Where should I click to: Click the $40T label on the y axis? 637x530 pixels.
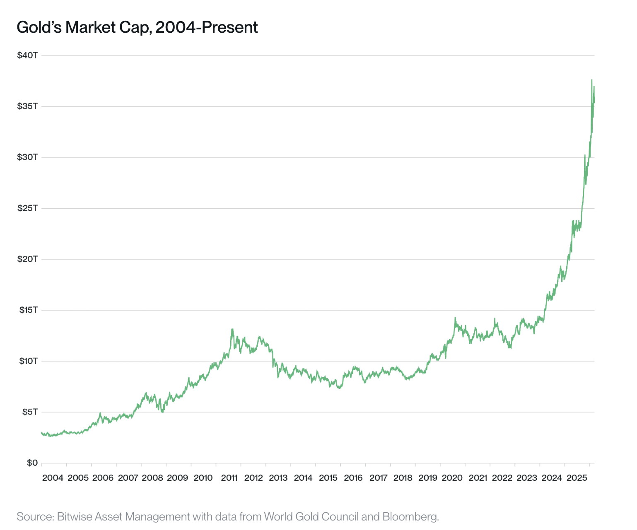tap(27, 55)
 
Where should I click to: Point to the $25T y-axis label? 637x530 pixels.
tap(27, 208)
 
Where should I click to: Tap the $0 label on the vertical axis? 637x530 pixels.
tap(32, 463)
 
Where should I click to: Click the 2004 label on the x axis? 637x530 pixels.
tap(53, 478)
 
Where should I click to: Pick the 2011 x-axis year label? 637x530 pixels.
tap(229, 478)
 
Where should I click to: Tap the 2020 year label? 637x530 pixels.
tap(452, 478)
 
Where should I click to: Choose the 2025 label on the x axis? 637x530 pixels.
tap(577, 478)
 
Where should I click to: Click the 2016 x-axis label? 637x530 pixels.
tap(353, 478)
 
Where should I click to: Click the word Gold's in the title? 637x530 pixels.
tap(39, 27)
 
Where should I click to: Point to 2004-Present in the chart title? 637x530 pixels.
tap(207, 27)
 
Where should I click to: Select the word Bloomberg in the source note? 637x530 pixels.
tap(410, 517)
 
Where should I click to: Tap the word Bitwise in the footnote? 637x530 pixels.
tap(73, 517)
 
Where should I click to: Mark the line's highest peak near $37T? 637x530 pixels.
tap(591, 79)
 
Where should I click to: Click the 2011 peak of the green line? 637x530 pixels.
tap(232, 329)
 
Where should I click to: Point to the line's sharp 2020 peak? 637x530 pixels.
tap(455, 318)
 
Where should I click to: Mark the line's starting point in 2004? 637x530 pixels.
tap(42, 433)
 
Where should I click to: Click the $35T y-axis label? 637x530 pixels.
tap(27, 106)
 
